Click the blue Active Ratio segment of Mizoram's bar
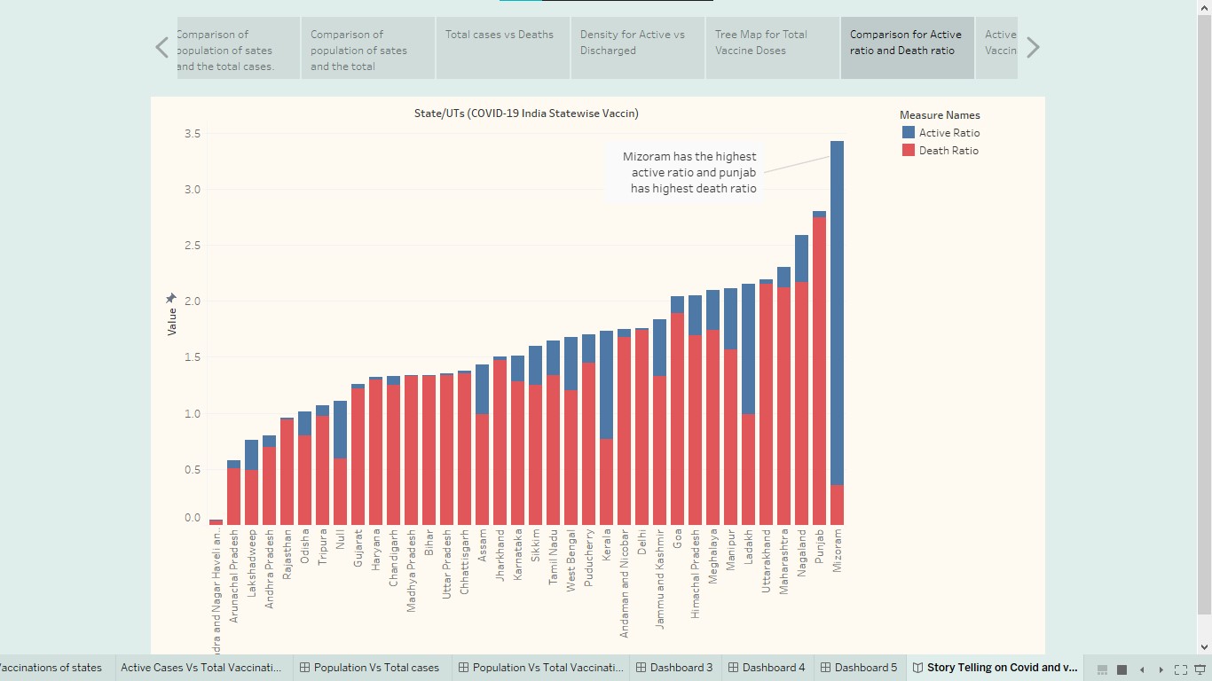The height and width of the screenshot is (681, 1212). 837,310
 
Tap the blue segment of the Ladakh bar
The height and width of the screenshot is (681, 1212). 748,349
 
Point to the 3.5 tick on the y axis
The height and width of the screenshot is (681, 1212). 193,134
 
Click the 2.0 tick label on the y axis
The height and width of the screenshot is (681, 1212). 193,301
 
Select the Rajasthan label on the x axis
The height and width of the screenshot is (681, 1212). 287,554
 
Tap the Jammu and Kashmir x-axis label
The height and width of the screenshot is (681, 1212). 660,578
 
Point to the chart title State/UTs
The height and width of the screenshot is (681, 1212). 526,113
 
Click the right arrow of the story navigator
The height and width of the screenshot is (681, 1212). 1033,48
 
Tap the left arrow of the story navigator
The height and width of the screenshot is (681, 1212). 161,48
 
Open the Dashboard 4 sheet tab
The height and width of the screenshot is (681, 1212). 766,668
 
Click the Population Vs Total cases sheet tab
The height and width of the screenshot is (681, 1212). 369,668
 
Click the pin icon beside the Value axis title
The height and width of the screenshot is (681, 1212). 171,299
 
